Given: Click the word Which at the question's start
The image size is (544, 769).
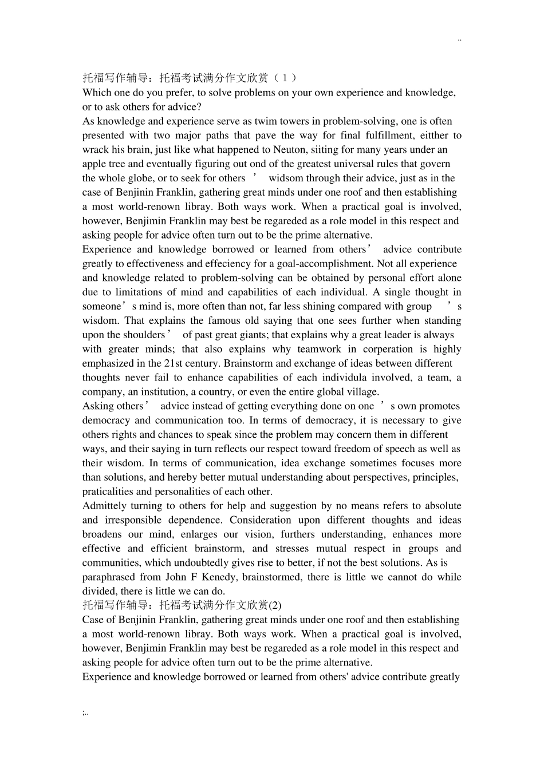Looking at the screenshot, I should pyautogui.click(x=96, y=93).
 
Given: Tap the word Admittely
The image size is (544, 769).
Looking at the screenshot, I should pyautogui.click(x=105, y=506).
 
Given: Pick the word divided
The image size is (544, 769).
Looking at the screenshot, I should pyautogui.click(x=98, y=592).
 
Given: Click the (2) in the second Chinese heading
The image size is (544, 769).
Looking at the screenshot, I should pyautogui.click(x=275, y=606).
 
